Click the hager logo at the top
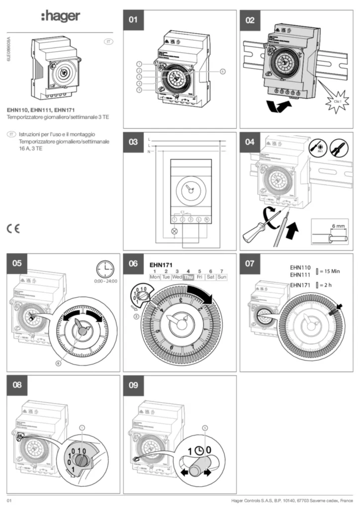tap(60, 17)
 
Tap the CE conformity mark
tap(13, 229)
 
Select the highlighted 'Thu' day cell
tap(188, 277)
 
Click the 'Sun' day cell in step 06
tap(222, 277)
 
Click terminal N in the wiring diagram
tap(206, 219)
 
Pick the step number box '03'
tap(133, 142)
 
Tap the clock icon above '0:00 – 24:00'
tap(105, 269)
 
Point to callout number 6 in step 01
tap(223, 72)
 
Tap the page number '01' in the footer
tap(9, 500)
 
